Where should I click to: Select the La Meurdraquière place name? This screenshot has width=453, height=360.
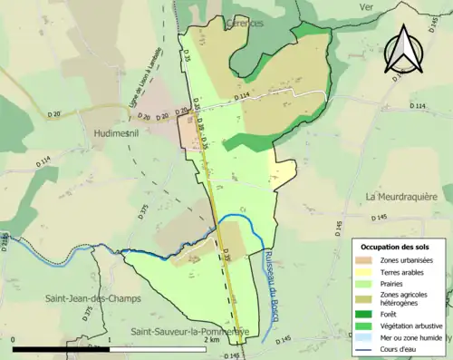click(x=401, y=196)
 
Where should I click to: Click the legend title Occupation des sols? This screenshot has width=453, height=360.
click(x=396, y=246)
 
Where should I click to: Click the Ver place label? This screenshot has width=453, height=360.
click(x=366, y=6)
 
